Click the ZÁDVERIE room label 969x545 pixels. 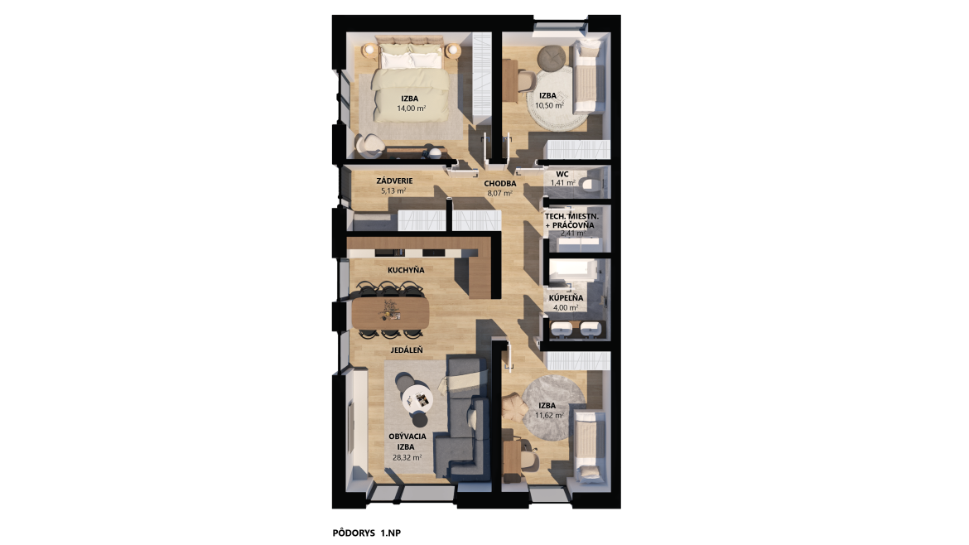[394, 181]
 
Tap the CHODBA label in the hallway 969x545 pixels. [500, 184]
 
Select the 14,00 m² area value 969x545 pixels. [412, 109]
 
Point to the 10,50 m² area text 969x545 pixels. [549, 106]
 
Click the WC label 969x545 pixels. [562, 174]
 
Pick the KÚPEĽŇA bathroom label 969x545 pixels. [566, 298]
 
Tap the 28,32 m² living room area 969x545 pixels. [407, 458]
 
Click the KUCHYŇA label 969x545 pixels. [406, 270]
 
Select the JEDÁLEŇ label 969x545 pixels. [407, 350]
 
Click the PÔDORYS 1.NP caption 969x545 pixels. [366, 533]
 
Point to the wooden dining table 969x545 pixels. [390, 312]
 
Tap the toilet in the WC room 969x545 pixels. [590, 184]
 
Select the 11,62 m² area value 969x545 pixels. [549, 415]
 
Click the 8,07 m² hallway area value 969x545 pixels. [500, 194]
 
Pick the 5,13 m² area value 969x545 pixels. [393, 191]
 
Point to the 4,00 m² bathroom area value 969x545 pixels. [566, 308]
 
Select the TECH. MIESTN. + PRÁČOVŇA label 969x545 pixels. [571, 221]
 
